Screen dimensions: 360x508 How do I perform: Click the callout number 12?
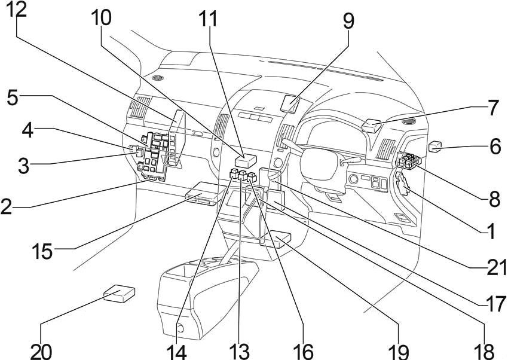tap(17, 10)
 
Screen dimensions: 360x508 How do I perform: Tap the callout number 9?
tap(348, 22)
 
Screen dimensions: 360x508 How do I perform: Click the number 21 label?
tap(495, 267)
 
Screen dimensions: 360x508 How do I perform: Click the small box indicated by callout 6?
tap(434, 146)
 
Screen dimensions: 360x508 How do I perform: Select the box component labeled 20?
tap(119, 294)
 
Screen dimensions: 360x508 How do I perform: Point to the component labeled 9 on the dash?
tap(290, 102)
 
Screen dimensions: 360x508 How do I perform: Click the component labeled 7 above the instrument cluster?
tap(372, 125)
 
